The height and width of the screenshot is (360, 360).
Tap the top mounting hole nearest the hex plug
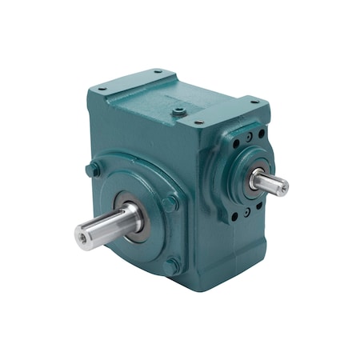click(x=196, y=122)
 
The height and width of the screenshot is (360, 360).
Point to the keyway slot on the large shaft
click(x=108, y=218)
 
